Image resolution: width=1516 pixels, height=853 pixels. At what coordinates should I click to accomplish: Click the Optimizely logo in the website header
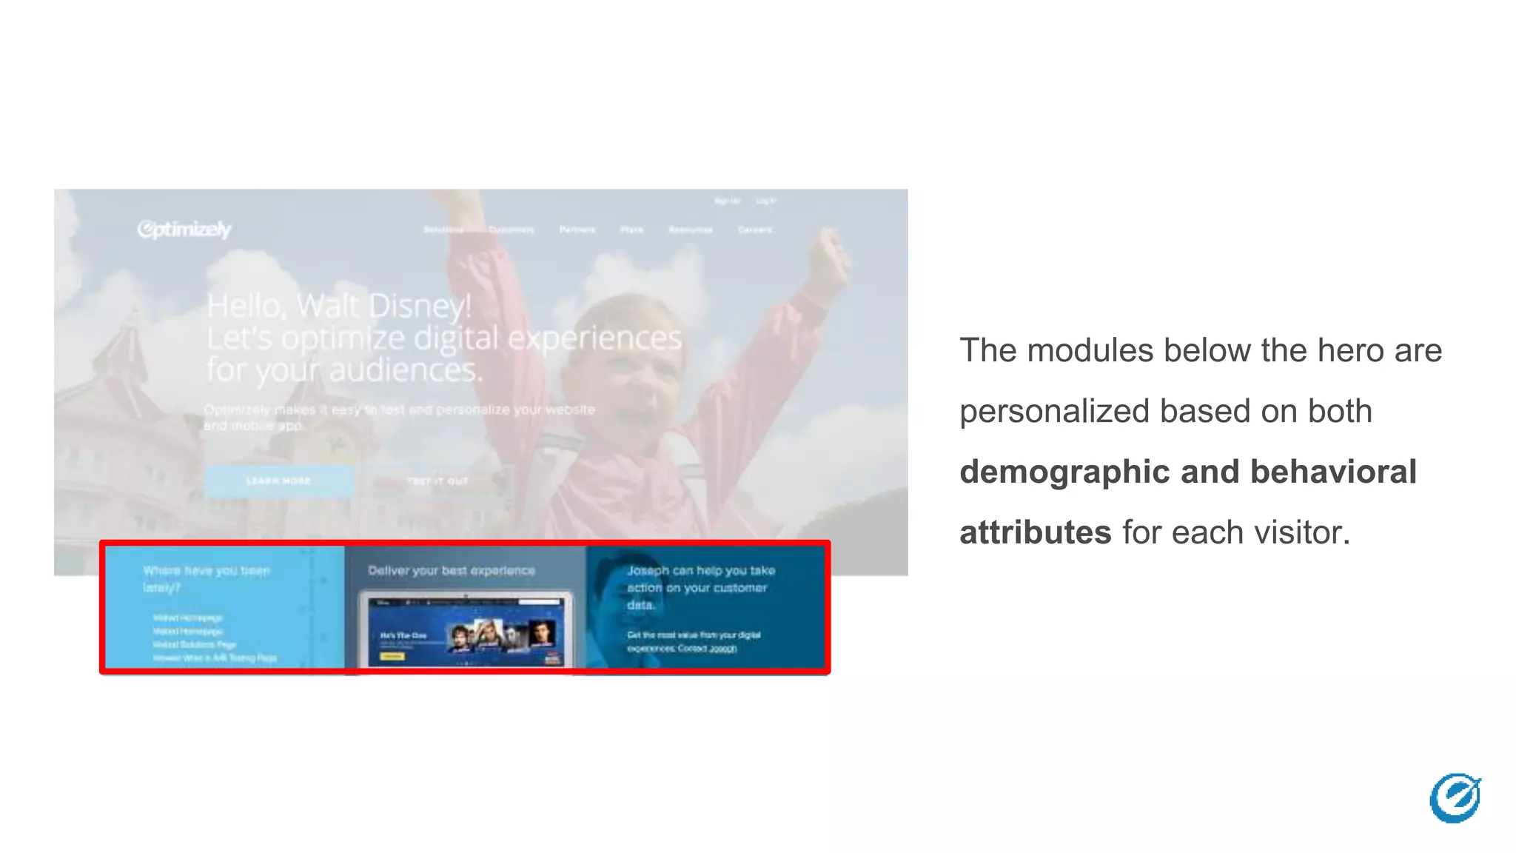184,230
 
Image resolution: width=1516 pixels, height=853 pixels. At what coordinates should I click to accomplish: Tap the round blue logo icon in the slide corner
1455,798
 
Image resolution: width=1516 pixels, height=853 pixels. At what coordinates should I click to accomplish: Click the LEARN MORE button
278,481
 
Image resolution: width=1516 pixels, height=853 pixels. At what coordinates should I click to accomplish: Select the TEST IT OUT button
437,481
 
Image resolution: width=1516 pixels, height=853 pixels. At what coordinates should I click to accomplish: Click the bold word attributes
1035,533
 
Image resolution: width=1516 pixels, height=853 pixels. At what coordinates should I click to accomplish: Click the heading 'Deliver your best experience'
452,571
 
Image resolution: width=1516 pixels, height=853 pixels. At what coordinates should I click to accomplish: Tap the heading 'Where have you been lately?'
207,578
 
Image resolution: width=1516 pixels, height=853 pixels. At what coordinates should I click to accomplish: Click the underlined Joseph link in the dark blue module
722,649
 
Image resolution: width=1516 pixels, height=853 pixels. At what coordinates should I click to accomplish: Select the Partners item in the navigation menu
577,230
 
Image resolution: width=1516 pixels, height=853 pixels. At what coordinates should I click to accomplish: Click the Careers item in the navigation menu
754,230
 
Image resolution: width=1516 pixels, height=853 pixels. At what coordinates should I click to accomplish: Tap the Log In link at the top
765,201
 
